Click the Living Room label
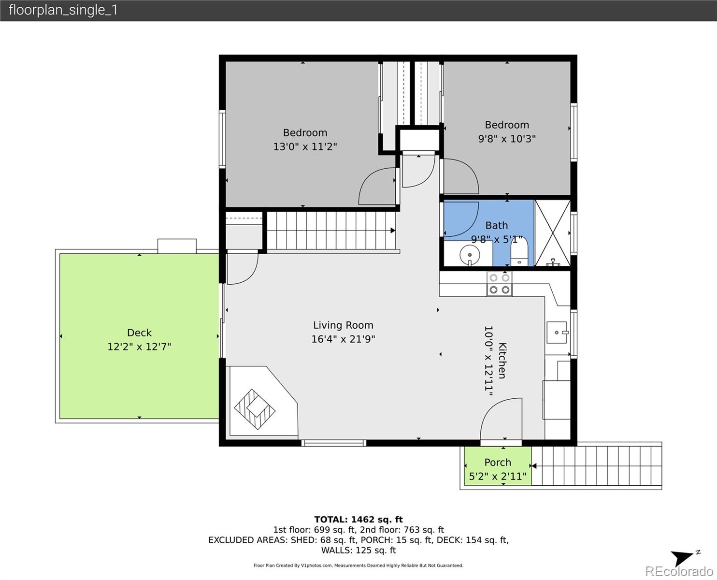click(x=343, y=325)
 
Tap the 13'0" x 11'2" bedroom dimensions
click(x=305, y=146)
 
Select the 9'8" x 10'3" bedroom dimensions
click(x=507, y=139)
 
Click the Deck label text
click(x=139, y=333)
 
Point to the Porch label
click(x=498, y=463)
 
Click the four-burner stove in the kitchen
click(x=500, y=284)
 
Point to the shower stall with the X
click(x=553, y=233)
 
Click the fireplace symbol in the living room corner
click(x=255, y=409)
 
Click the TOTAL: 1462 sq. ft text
click(x=358, y=520)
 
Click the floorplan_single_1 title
click(x=63, y=10)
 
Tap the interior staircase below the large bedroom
click(x=331, y=231)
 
